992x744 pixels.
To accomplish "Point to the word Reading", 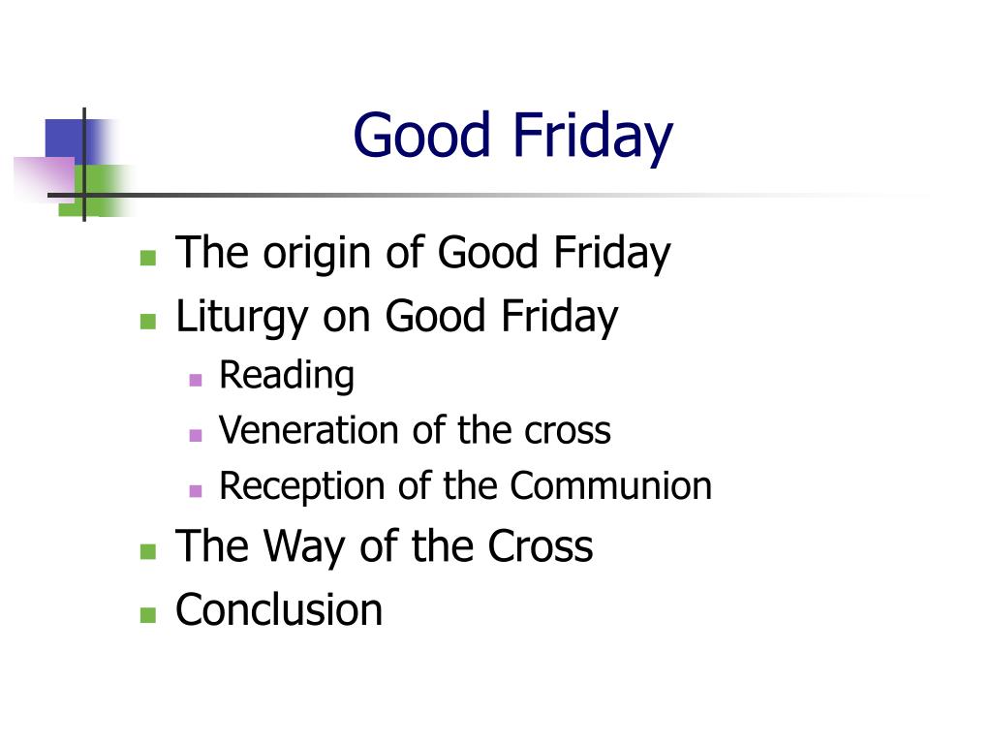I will [287, 376].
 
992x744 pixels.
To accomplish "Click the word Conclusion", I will [279, 610].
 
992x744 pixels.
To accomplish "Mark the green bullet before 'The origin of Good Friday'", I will [147, 258].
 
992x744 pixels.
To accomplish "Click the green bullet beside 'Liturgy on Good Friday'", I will [147, 321].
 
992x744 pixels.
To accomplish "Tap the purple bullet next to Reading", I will [196, 380].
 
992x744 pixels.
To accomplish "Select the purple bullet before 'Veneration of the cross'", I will [196, 435].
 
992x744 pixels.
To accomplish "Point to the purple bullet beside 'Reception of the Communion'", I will [196, 490].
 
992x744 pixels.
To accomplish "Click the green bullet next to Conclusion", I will [147, 614].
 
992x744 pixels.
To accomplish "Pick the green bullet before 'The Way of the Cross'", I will [147, 551].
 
